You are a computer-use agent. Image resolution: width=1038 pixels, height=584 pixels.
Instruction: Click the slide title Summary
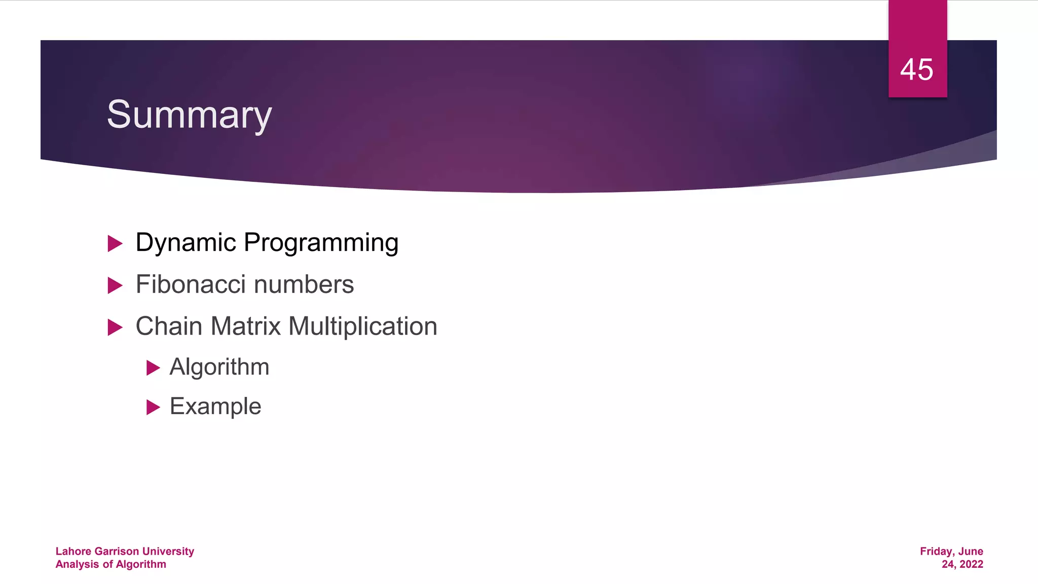pos(189,115)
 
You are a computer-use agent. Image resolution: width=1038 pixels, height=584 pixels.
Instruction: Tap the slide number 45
pos(916,69)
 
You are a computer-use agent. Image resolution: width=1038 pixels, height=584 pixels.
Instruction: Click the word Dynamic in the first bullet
pos(186,242)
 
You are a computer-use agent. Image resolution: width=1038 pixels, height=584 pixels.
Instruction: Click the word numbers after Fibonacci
pos(304,284)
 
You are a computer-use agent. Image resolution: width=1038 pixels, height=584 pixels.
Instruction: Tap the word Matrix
pos(245,326)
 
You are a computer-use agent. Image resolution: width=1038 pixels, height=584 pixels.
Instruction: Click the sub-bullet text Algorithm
pos(219,367)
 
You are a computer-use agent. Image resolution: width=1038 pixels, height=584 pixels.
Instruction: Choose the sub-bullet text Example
pos(215,406)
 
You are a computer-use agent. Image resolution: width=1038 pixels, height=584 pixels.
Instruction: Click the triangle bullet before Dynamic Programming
pos(115,244)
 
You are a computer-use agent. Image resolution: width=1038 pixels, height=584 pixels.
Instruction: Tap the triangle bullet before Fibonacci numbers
pos(115,286)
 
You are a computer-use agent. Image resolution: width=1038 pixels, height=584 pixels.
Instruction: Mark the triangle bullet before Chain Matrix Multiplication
pos(115,327)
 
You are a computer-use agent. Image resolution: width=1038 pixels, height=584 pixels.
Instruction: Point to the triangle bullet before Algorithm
pos(153,368)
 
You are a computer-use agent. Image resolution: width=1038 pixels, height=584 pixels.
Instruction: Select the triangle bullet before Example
pos(153,407)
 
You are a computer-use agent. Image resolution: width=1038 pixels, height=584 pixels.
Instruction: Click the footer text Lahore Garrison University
pos(125,551)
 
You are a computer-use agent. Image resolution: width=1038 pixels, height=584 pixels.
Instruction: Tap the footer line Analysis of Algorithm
pos(110,564)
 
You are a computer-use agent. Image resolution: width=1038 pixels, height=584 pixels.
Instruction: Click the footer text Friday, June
pos(951,551)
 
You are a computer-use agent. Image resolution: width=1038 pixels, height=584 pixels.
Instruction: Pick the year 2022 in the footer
pos(971,564)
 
